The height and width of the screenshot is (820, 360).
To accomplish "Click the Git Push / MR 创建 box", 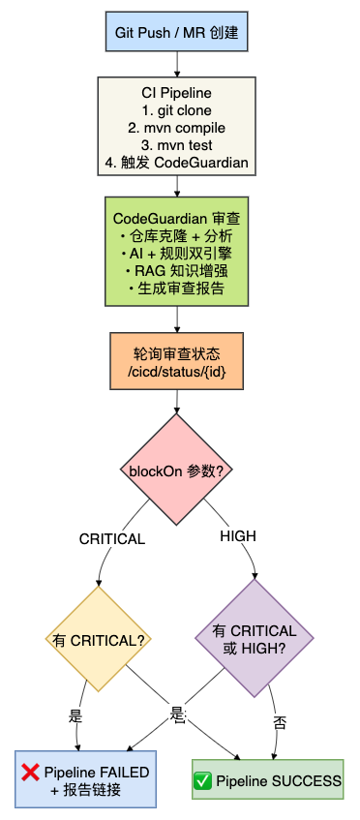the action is (176, 31).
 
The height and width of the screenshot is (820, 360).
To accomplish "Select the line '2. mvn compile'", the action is (176, 128).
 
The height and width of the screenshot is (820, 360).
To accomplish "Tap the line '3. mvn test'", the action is (176, 145).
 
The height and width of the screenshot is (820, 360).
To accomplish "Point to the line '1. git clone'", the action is (176, 111).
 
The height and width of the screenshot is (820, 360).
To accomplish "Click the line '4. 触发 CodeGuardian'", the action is (176, 162).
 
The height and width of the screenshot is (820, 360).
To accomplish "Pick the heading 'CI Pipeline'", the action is (176, 93).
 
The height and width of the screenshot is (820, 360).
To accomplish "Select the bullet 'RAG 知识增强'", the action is (176, 271).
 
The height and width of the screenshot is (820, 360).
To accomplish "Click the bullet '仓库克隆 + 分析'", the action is (176, 236).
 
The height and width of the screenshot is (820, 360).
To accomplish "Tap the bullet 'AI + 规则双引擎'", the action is (176, 254).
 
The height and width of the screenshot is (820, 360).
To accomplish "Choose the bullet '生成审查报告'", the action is (176, 289).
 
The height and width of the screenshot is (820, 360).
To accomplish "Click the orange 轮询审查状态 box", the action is (176, 361).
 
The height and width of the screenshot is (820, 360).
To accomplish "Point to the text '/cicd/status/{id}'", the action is (176, 371).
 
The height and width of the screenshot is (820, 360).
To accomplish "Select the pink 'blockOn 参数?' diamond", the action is (176, 470).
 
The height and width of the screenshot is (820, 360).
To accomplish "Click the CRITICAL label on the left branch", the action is (112, 539).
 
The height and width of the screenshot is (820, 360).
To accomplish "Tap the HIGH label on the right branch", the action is (238, 536).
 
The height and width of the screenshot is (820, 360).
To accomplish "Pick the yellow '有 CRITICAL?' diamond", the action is (99, 639).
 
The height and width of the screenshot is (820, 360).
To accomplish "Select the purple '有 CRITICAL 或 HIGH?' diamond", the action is (255, 638).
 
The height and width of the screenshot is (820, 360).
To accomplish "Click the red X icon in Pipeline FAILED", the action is (30, 773).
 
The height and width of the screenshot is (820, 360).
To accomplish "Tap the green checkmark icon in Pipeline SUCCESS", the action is (202, 782).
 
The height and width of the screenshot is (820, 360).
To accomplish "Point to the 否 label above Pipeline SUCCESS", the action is (280, 723).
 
